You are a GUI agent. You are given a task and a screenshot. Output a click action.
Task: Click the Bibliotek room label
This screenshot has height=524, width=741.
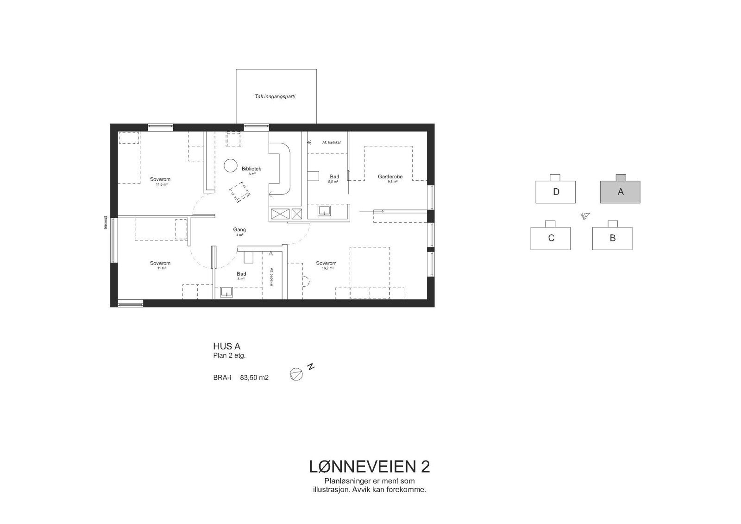pyautogui.click(x=251, y=169)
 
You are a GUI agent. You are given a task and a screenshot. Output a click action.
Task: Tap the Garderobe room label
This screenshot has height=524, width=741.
pyautogui.click(x=390, y=177)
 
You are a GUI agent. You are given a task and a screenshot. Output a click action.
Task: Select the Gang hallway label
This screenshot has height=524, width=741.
pyautogui.click(x=239, y=230)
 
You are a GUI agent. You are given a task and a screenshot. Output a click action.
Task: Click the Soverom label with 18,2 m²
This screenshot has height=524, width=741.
pyautogui.click(x=326, y=263)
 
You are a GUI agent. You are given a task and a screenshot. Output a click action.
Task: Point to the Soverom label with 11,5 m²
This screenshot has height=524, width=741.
pyautogui.click(x=160, y=179)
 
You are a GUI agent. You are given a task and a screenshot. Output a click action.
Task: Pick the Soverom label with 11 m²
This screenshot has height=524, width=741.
pyautogui.click(x=160, y=263)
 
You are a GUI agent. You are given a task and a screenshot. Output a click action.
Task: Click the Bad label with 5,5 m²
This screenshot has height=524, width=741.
pyautogui.click(x=334, y=177)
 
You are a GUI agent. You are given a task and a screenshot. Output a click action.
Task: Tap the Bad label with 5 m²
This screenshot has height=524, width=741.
pyautogui.click(x=241, y=274)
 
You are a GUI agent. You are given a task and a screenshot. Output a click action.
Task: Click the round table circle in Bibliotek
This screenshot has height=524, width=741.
pyautogui.click(x=230, y=165)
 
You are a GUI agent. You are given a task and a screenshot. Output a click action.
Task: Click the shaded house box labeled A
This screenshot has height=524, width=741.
pyautogui.click(x=620, y=192)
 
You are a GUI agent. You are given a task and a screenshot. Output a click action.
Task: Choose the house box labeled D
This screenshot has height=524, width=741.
pyautogui.click(x=556, y=192)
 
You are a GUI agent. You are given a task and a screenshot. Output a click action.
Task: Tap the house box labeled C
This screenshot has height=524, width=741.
pyautogui.click(x=551, y=238)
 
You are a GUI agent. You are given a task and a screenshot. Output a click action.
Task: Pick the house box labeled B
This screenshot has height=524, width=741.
pyautogui.click(x=612, y=238)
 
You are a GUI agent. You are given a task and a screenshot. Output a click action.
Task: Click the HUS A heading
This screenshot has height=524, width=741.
pyautogui.click(x=226, y=346)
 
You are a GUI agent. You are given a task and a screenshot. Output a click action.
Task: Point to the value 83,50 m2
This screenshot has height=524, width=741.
pyautogui.click(x=254, y=378)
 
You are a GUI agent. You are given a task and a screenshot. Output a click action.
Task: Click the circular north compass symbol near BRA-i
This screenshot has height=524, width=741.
pyautogui.click(x=296, y=374)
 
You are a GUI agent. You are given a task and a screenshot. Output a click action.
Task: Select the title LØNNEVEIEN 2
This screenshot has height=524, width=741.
pyautogui.click(x=369, y=467)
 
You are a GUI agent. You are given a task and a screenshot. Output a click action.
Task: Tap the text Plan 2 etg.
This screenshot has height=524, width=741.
pyautogui.click(x=229, y=356)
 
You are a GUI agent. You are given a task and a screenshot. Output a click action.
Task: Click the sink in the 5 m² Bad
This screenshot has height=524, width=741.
pyautogui.click(x=226, y=292)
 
